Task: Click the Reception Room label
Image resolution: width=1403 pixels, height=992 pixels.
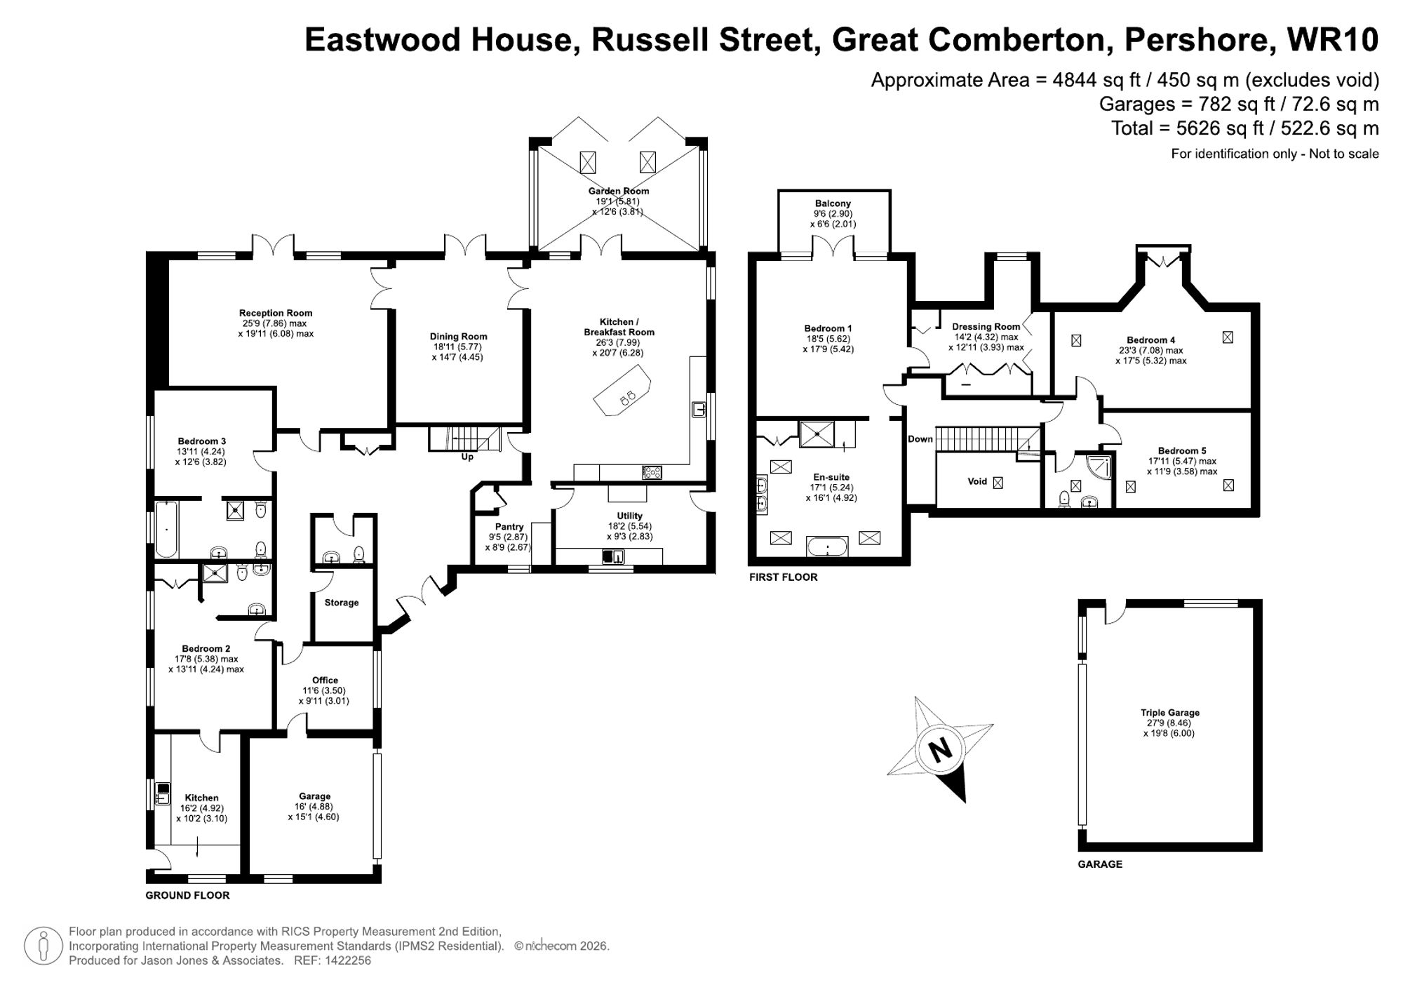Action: [x=276, y=313]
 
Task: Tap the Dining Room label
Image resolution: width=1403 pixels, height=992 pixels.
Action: [x=458, y=337]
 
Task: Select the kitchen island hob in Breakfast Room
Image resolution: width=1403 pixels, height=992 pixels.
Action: [x=627, y=397]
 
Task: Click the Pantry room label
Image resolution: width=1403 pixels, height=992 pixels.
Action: [x=509, y=527]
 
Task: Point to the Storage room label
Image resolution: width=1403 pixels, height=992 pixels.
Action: [x=342, y=603]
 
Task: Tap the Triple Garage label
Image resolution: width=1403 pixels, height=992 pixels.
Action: [x=1169, y=713]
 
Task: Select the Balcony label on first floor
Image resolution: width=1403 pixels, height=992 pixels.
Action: [x=833, y=203]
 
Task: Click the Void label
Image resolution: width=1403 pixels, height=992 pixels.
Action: [x=977, y=481]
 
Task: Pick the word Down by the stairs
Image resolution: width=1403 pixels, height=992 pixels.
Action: [x=920, y=439]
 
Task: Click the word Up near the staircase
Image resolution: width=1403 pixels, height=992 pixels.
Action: [x=467, y=457]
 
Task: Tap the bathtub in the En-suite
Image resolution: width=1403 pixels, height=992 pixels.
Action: [x=827, y=547]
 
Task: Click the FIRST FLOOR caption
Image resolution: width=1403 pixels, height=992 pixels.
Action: [x=783, y=577]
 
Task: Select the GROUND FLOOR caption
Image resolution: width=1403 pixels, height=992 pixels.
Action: [x=187, y=895]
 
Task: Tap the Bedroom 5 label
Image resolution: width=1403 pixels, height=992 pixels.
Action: [x=1182, y=450]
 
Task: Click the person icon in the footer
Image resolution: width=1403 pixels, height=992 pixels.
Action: [x=43, y=946]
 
